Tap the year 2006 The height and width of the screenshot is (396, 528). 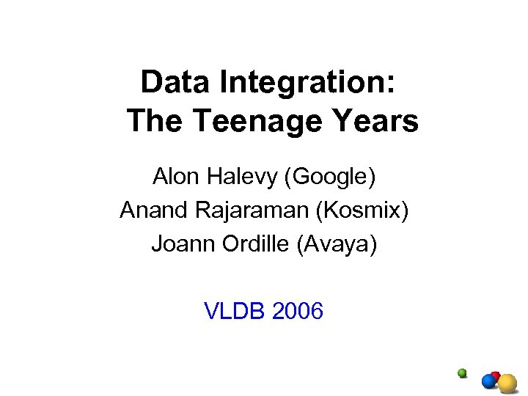point(297,312)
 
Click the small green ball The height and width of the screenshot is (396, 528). point(462,373)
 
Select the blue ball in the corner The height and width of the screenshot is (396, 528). point(488,381)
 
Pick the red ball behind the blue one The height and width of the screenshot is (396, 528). point(496,375)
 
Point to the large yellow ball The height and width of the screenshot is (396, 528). point(507,383)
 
